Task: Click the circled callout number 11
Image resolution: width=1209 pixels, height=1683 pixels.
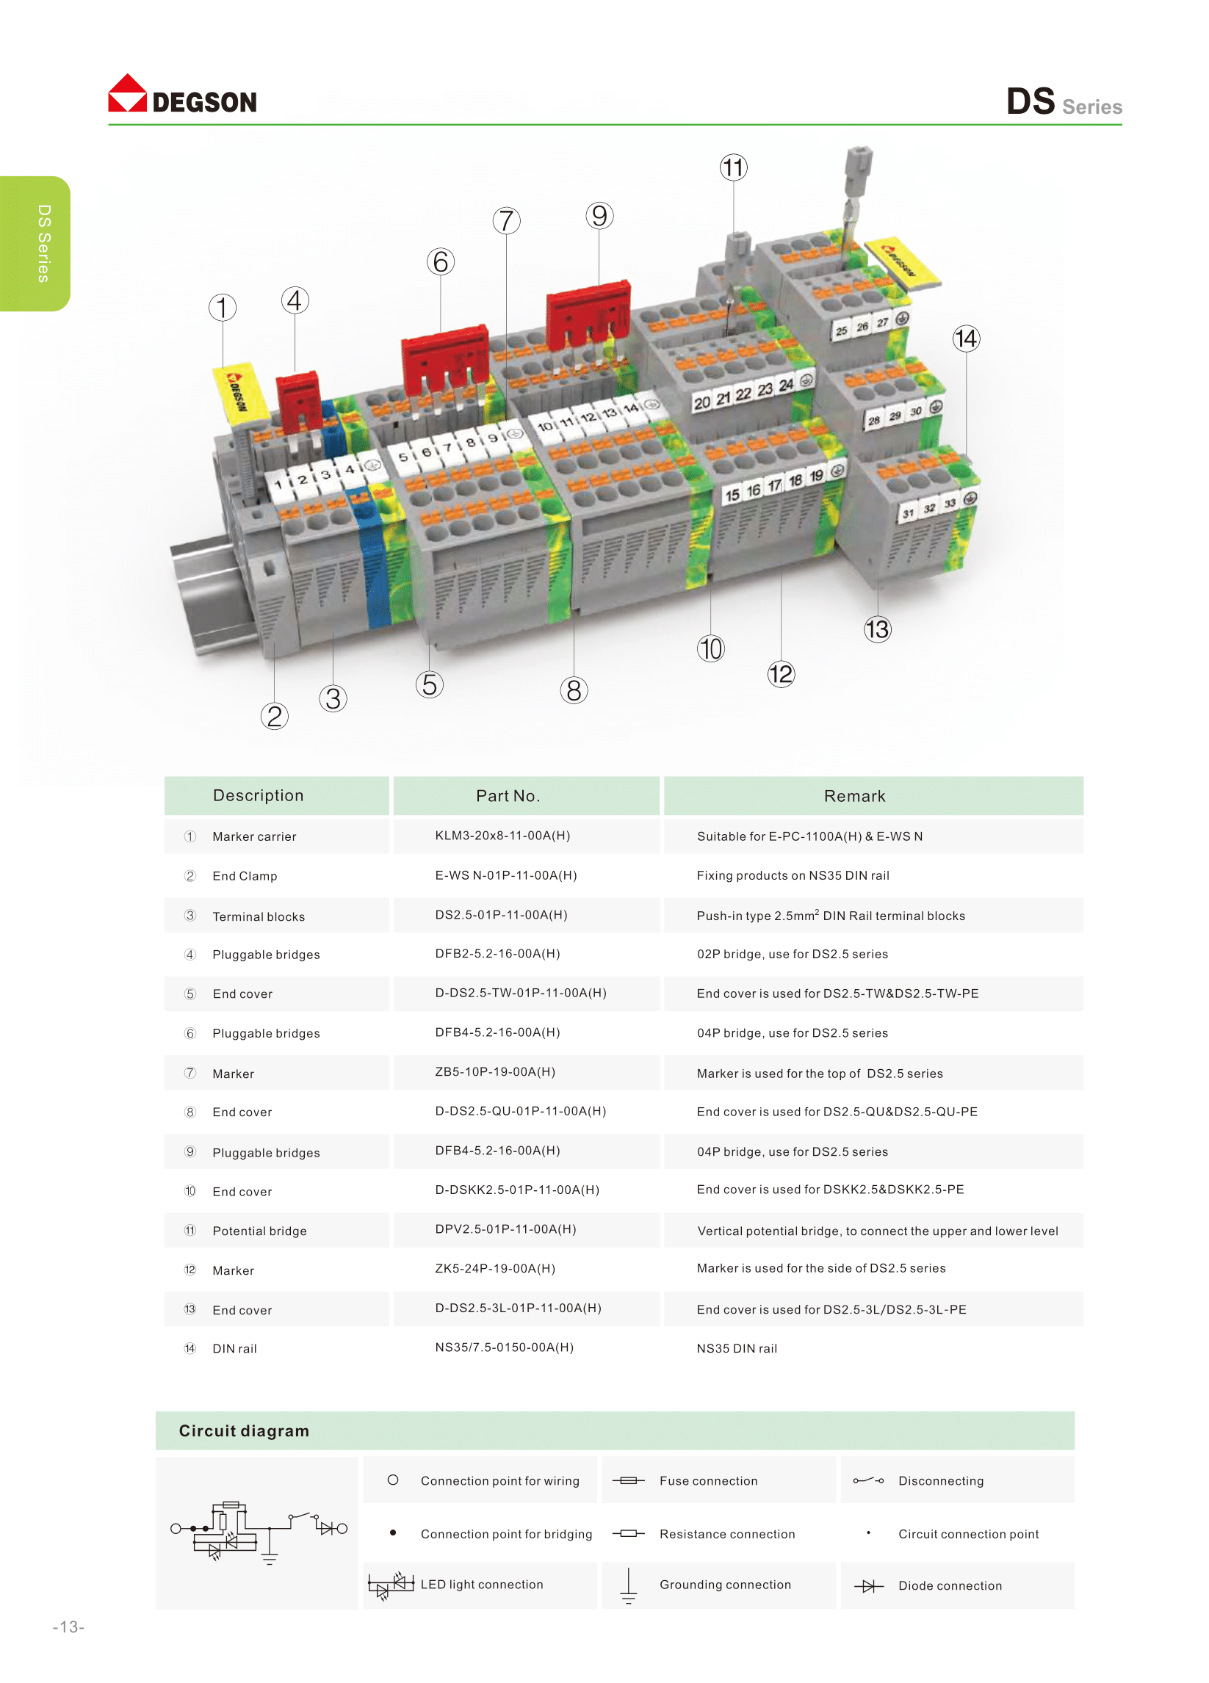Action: [x=733, y=167]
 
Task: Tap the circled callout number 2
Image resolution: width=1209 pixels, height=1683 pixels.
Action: [x=275, y=716]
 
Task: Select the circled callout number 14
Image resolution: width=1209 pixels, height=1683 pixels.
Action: [x=966, y=339]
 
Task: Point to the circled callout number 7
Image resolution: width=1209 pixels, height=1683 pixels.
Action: [x=506, y=220]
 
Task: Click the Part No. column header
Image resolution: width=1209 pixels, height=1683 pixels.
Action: [x=508, y=796]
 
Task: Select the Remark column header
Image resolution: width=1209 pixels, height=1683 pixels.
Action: [x=854, y=796]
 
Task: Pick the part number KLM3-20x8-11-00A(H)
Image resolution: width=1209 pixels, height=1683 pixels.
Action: [x=502, y=836]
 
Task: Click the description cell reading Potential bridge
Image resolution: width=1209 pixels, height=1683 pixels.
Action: [x=259, y=1231]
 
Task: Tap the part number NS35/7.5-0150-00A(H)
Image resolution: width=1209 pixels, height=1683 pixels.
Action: [x=504, y=1347]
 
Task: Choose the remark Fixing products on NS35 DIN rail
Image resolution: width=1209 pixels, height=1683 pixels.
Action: [x=793, y=875]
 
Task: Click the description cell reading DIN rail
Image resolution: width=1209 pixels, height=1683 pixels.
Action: [x=234, y=1349]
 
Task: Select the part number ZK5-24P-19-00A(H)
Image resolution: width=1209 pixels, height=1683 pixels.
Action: [x=495, y=1269]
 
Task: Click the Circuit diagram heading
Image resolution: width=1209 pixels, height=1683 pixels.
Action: [x=244, y=1431]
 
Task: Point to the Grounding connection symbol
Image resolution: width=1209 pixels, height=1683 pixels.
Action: [x=628, y=1586]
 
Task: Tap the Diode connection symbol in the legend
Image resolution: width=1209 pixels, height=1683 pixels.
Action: [x=868, y=1587]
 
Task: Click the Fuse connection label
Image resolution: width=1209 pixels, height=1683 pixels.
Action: [x=709, y=1481]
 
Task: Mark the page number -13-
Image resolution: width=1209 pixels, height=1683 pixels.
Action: [x=68, y=1627]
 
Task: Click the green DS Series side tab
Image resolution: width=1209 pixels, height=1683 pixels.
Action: [x=35, y=243]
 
